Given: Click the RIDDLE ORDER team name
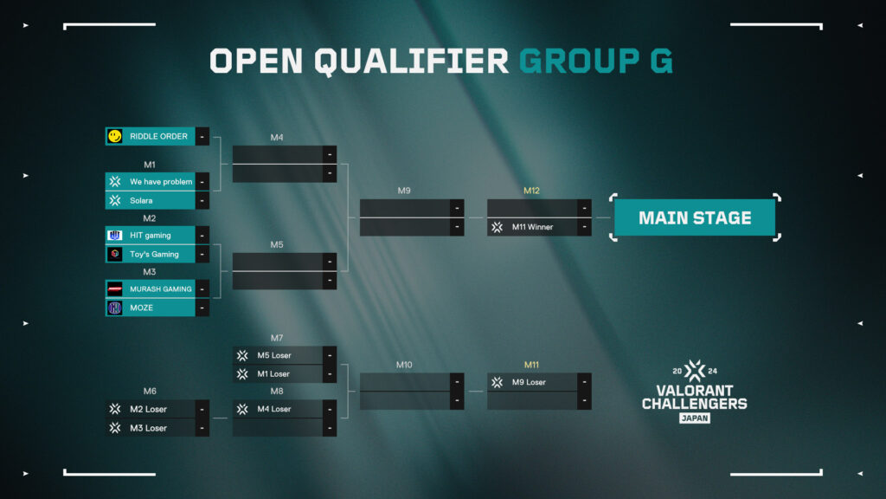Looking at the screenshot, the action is pyautogui.click(x=158, y=136).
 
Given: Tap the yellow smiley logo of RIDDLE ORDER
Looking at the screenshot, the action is pyautogui.click(x=115, y=136).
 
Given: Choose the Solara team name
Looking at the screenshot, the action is pyautogui.click(x=141, y=201).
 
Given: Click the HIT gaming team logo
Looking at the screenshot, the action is pyautogui.click(x=115, y=236).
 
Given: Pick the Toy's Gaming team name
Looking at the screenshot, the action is pyautogui.click(x=154, y=255).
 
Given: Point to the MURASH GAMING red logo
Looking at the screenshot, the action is pyautogui.click(x=115, y=289).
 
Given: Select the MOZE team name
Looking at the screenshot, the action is pyautogui.click(x=141, y=308).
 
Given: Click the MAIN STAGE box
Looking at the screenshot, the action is pyautogui.click(x=695, y=217).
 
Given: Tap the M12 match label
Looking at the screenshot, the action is pyautogui.click(x=531, y=191).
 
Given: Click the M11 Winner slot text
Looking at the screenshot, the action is pyautogui.click(x=532, y=228).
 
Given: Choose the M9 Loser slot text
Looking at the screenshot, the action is pyautogui.click(x=529, y=382).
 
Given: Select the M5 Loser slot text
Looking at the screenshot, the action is pyautogui.click(x=274, y=355).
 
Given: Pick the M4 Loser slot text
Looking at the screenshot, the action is pyautogui.click(x=274, y=409).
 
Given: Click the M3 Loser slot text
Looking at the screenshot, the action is pyautogui.click(x=148, y=428).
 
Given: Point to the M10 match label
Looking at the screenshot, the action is pyautogui.click(x=404, y=365).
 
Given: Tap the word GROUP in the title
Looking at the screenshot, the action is pyautogui.click(x=580, y=62).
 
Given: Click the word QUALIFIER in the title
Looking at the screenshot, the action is pyautogui.click(x=411, y=62).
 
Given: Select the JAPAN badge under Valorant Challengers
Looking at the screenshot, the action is pyautogui.click(x=695, y=418).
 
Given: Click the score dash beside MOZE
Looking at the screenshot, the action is pyautogui.click(x=202, y=308).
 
